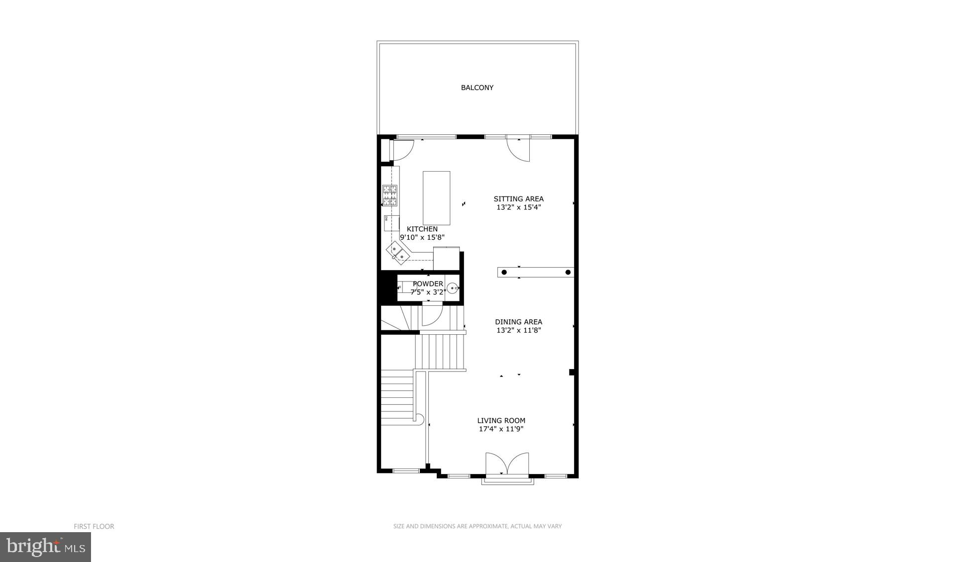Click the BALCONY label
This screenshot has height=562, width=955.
(477, 88)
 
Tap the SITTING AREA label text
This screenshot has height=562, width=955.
(518, 199)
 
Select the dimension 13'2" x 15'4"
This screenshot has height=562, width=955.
(518, 207)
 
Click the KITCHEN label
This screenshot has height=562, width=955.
(422, 229)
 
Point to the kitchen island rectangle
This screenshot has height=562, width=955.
(436, 198)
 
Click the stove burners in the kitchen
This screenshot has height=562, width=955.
(389, 195)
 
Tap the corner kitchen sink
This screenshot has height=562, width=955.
(398, 251)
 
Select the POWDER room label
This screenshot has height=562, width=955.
(428, 284)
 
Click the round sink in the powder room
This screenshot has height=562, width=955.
(452, 288)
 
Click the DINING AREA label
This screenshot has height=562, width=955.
(518, 322)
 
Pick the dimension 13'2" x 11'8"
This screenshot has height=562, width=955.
(518, 330)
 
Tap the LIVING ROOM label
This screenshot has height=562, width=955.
(501, 421)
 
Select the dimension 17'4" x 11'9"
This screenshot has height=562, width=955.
(501, 429)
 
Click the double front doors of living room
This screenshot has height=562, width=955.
(507, 464)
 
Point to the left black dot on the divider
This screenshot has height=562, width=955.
(504, 272)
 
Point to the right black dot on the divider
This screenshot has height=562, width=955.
(568, 272)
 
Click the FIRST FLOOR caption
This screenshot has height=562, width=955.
(94, 526)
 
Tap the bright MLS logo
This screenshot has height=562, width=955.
(45, 547)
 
